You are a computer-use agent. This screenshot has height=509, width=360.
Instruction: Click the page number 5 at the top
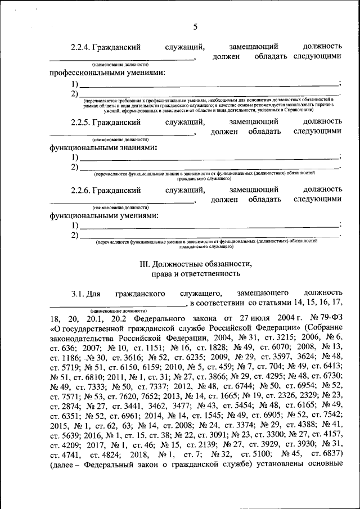coord(195,26)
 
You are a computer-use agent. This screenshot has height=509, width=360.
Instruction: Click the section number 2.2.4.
coord(82,47)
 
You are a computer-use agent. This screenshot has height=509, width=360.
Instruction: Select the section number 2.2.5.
coord(82,121)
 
